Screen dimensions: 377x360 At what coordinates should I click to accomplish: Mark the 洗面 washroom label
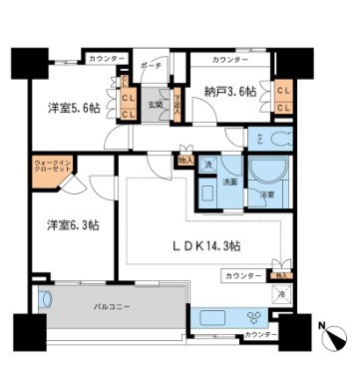coord(228,183)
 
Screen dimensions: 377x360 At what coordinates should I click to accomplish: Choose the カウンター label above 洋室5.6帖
coord(107,59)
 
